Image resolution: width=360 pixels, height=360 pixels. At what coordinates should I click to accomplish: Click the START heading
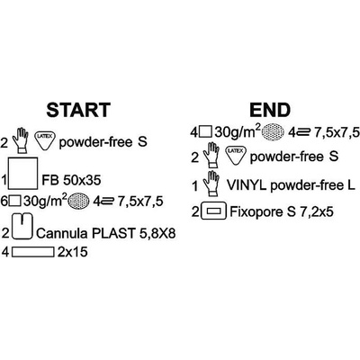78,110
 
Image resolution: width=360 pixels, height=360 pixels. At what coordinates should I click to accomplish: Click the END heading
270,110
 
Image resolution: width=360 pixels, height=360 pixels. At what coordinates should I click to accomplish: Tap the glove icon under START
21,140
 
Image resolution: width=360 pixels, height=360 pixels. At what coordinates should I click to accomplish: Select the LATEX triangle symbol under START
44,139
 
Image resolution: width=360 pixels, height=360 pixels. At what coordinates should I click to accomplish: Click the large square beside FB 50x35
23,174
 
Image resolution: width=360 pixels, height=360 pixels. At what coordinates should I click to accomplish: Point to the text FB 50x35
71,180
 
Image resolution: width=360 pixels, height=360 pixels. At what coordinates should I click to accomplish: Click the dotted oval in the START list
78,201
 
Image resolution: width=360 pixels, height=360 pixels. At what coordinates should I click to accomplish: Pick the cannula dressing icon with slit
22,226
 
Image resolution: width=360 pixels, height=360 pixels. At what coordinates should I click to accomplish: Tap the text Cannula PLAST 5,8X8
105,233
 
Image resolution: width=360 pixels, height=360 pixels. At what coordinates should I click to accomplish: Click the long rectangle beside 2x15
33,252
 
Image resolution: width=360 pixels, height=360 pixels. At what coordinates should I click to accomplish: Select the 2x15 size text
72,252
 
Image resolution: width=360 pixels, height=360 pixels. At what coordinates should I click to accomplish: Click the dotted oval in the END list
273,131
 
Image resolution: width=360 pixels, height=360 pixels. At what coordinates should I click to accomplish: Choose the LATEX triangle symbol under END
235,154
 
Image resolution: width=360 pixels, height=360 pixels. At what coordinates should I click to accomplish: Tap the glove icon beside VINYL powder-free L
211,183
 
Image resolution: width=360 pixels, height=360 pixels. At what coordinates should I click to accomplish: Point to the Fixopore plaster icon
214,211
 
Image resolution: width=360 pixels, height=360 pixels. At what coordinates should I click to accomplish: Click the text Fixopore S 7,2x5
282,212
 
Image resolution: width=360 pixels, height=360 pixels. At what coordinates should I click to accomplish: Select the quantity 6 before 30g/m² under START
4,201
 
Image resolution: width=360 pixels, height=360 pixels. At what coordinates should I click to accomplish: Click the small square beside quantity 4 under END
206,131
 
